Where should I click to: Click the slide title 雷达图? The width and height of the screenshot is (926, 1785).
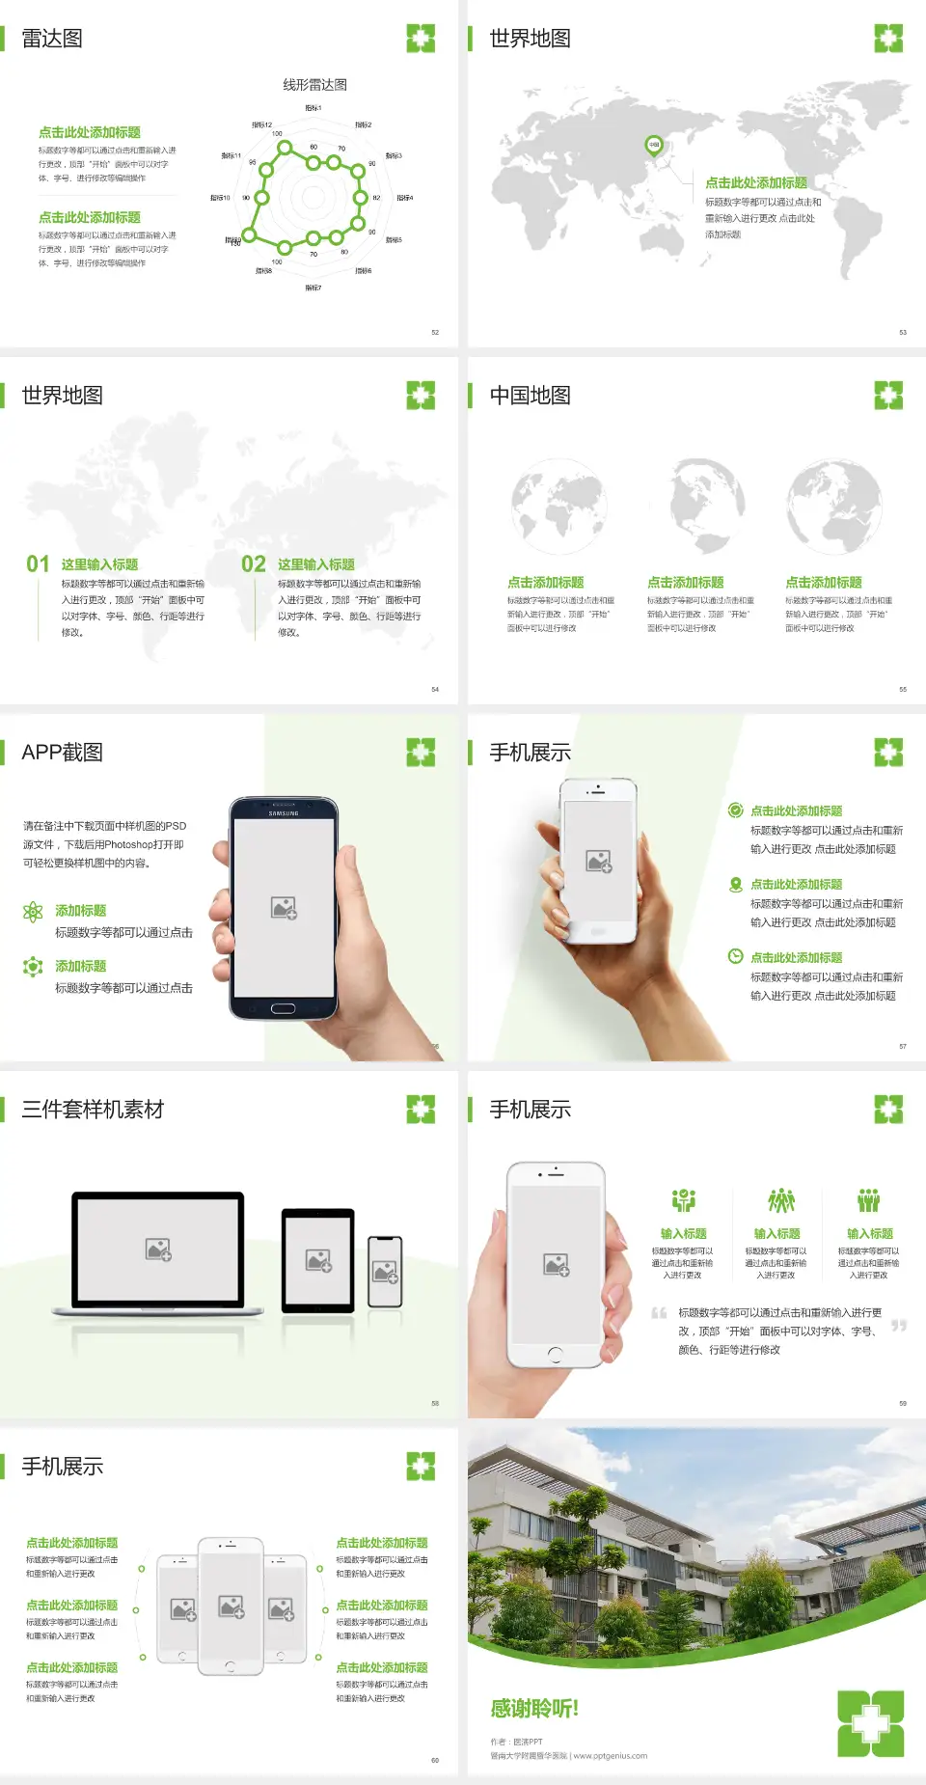coord(52,39)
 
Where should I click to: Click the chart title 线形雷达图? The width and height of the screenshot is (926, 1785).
coord(314,85)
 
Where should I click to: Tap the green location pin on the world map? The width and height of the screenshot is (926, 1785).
coord(654,146)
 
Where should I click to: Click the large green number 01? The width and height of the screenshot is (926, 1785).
coord(38,564)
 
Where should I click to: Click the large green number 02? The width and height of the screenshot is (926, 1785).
coord(254,564)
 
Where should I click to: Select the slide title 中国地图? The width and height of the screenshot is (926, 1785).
coord(530,396)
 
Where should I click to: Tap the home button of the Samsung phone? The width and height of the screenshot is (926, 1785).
coord(283,1009)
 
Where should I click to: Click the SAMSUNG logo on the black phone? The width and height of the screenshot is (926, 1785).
coord(284,813)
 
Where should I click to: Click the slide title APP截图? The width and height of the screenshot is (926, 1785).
coord(62,753)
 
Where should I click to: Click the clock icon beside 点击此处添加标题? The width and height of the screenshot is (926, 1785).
coord(735,956)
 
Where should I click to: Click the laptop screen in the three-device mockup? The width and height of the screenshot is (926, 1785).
coord(158,1249)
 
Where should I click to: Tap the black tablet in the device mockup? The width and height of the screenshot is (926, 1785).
coord(318,1259)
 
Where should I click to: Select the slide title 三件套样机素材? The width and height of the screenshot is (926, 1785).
coord(93,1110)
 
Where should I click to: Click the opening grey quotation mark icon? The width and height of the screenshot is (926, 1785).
coord(660,1313)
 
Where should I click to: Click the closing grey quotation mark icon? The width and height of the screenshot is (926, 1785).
coord(899,1326)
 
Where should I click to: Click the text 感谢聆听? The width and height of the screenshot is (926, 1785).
coord(534,1709)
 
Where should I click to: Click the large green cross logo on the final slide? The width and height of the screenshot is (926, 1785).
coord(870,1723)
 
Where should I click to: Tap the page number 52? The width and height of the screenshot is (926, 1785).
coord(435,332)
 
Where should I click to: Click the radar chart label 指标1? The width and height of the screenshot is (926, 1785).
coord(313,108)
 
